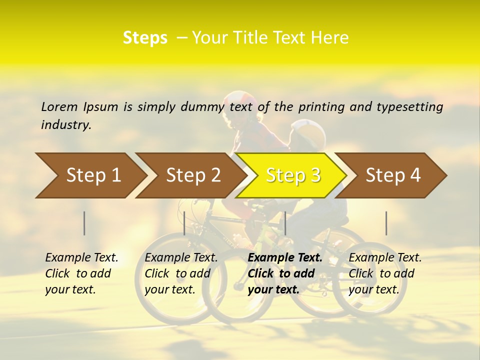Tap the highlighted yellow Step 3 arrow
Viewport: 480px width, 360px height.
click(292, 175)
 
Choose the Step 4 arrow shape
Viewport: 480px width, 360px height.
click(393, 175)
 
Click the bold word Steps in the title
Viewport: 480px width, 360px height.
click(145, 38)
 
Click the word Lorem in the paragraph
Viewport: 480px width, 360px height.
click(59, 106)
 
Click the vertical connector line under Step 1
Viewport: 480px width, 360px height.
click(84, 223)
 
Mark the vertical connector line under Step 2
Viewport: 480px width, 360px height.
click(184, 223)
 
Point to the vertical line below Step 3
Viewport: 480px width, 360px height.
click(285, 223)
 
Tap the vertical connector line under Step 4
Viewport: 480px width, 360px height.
click(386, 223)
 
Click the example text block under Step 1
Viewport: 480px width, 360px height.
click(81, 273)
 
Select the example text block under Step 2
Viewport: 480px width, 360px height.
click(181, 273)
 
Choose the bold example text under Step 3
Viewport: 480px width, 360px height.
click(284, 273)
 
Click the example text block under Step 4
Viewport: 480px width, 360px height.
click(385, 273)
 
